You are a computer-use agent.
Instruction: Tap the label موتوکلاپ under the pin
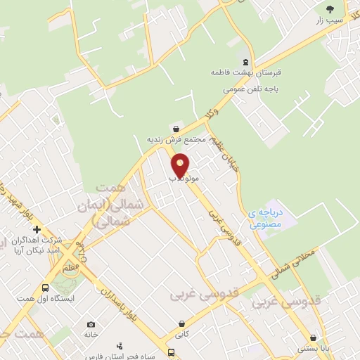pos(181,179)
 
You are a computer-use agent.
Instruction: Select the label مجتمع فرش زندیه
pos(175,140)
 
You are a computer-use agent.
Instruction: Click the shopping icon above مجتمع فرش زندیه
pos(174,129)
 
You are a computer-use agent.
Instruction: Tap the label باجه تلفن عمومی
pos(246,89)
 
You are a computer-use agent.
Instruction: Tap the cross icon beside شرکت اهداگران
pos(37,230)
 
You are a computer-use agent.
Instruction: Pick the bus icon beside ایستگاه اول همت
pos(46,288)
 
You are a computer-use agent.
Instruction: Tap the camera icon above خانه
pos(91,324)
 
